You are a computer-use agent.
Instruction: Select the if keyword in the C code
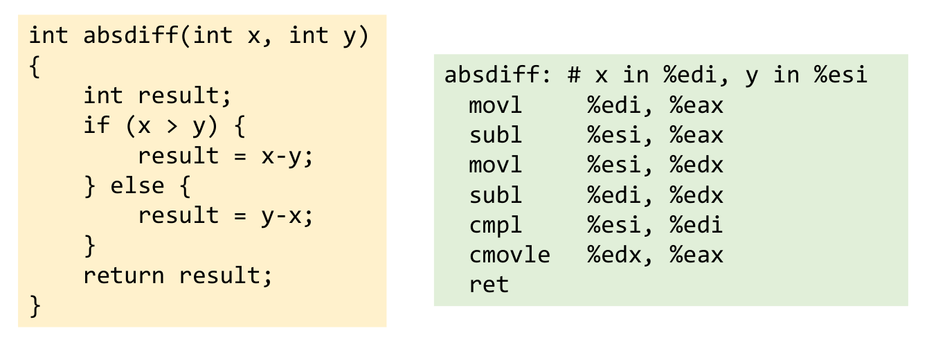(x=97, y=125)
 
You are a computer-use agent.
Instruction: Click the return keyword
(x=124, y=276)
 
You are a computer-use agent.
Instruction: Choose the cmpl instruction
(x=496, y=225)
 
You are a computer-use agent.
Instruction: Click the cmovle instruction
(x=510, y=255)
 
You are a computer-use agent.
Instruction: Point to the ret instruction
(x=489, y=285)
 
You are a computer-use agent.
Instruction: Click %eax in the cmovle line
(x=696, y=255)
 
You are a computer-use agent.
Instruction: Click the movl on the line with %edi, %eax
(x=496, y=106)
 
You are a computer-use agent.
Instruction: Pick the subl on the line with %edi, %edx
(x=496, y=195)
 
